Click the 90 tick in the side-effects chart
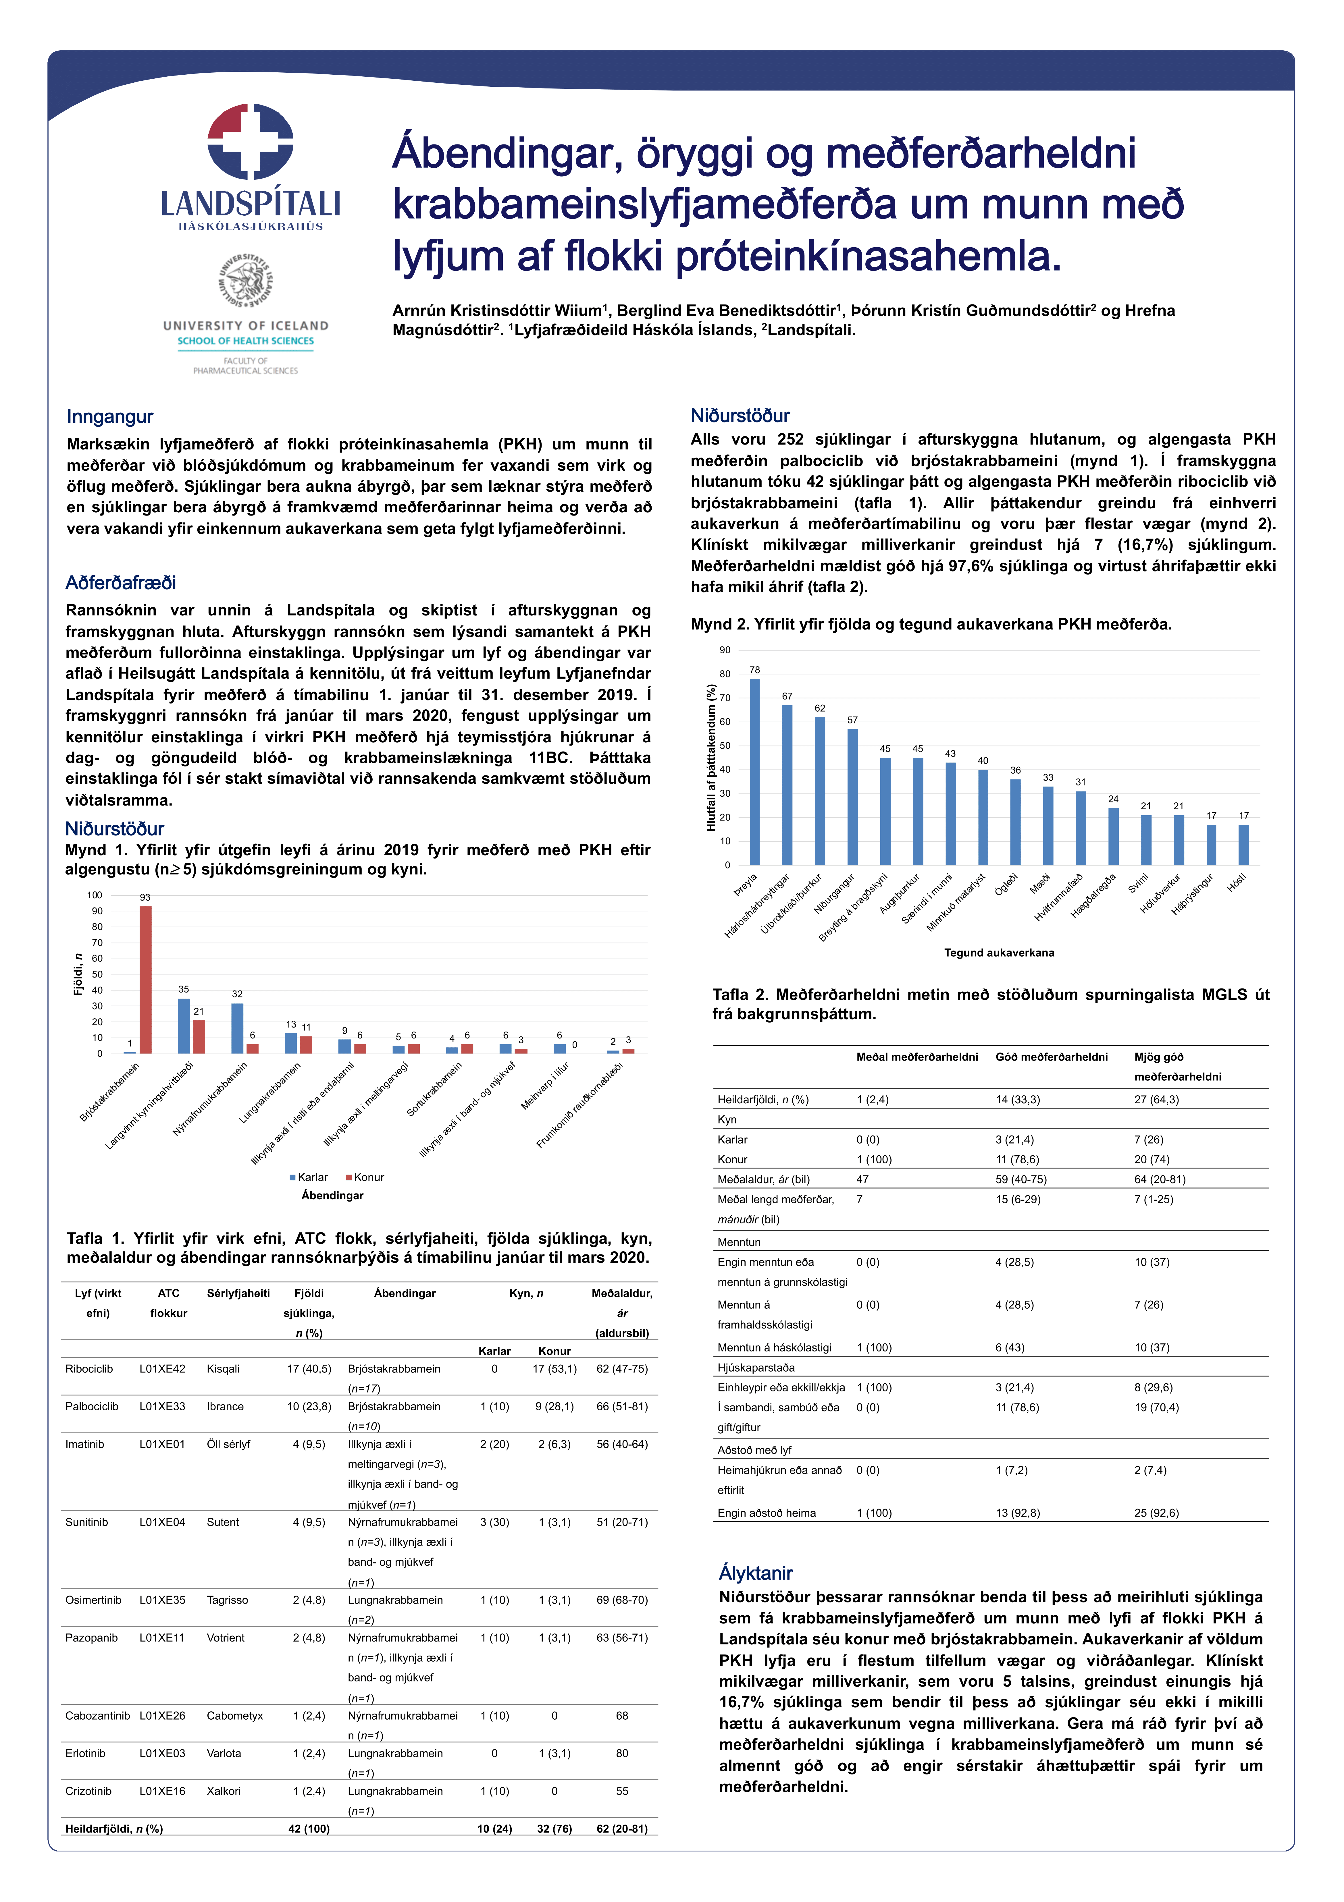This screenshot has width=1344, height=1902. pos(725,650)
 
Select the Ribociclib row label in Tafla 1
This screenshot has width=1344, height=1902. pos(89,1368)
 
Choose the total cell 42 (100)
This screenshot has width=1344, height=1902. pos(309,1828)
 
